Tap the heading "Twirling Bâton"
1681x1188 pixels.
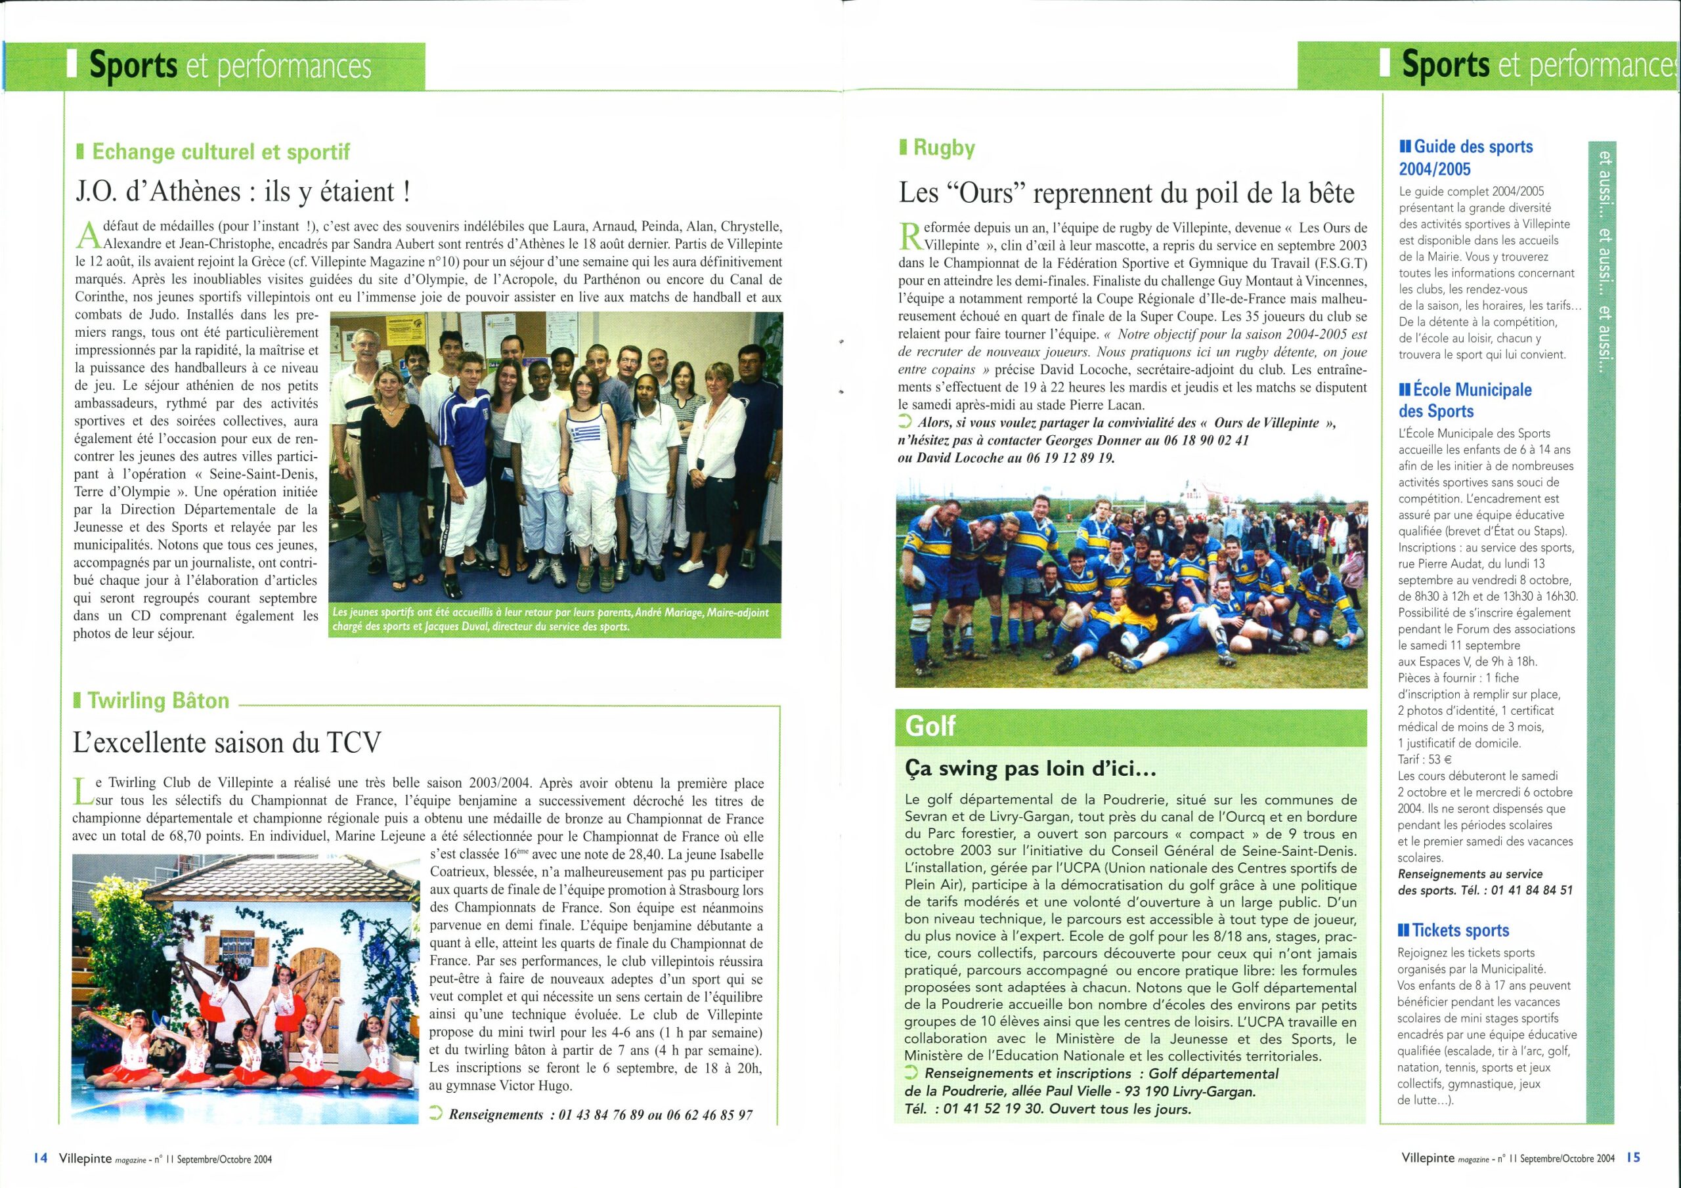click(x=158, y=700)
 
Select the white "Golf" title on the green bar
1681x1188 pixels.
click(x=930, y=725)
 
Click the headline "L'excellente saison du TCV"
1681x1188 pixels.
click(x=228, y=743)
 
